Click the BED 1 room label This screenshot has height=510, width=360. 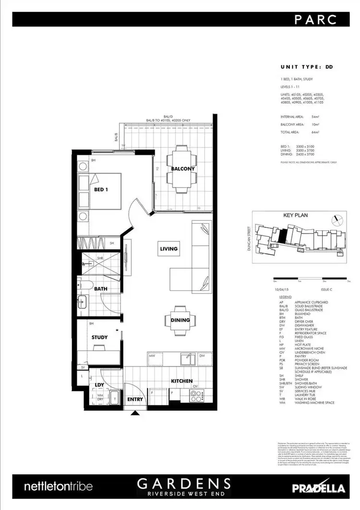(x=101, y=189)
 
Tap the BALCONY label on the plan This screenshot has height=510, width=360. (x=182, y=169)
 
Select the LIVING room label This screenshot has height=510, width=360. (x=169, y=249)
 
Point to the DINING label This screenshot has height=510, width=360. (x=180, y=320)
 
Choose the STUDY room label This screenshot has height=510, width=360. (x=99, y=337)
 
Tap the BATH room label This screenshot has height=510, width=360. (x=101, y=289)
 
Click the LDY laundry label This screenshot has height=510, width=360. (x=99, y=384)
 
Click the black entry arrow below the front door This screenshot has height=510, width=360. (x=136, y=412)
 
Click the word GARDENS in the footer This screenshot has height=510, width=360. (x=184, y=483)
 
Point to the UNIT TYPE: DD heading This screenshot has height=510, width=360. (x=306, y=67)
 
